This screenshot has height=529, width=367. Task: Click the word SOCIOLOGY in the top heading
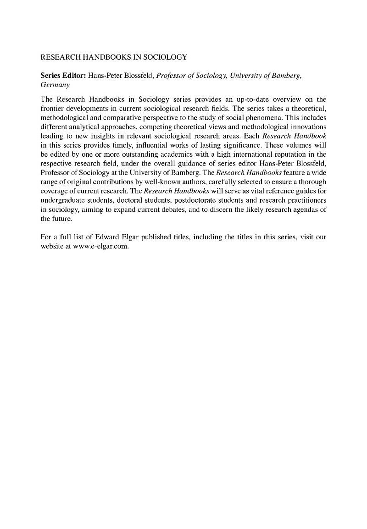click(164, 57)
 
